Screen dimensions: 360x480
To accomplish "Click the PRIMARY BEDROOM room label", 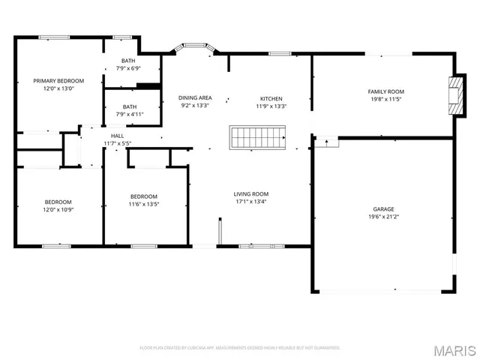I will pyautogui.click(x=58, y=80).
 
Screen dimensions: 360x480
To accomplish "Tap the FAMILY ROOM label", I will pyautogui.click(x=385, y=91).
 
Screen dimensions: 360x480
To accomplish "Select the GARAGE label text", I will pyautogui.click(x=384, y=209).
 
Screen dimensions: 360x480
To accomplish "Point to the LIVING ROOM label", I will pyautogui.click(x=250, y=193).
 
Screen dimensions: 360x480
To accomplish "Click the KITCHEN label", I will pyautogui.click(x=271, y=98).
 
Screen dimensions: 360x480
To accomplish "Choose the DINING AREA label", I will pyautogui.click(x=195, y=98).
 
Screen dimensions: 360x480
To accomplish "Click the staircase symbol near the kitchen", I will pyautogui.click(x=257, y=138).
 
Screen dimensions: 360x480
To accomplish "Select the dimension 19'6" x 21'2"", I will pyautogui.click(x=384, y=217).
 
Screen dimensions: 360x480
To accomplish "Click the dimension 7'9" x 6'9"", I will pyautogui.click(x=130, y=68).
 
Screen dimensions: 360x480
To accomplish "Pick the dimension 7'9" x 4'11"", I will pyautogui.click(x=130, y=115).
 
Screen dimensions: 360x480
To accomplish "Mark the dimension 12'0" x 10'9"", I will pyautogui.click(x=58, y=209).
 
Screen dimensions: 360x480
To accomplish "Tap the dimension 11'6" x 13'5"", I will pyautogui.click(x=143, y=204).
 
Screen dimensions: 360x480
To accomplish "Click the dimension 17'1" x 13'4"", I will pyautogui.click(x=250, y=201).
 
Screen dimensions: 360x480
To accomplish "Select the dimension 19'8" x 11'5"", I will pyautogui.click(x=385, y=99).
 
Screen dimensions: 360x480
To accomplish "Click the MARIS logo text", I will pyautogui.click(x=454, y=350).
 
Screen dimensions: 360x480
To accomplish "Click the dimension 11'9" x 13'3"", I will pyautogui.click(x=271, y=106).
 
